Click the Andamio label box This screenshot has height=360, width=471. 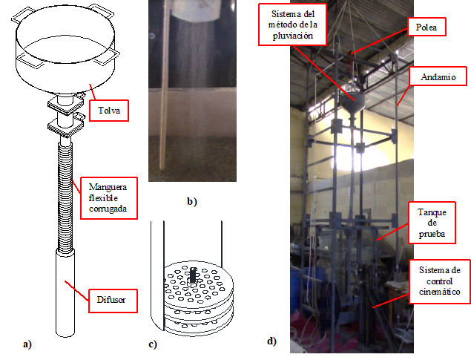tap(437, 76)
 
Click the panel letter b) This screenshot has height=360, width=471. tap(191, 201)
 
